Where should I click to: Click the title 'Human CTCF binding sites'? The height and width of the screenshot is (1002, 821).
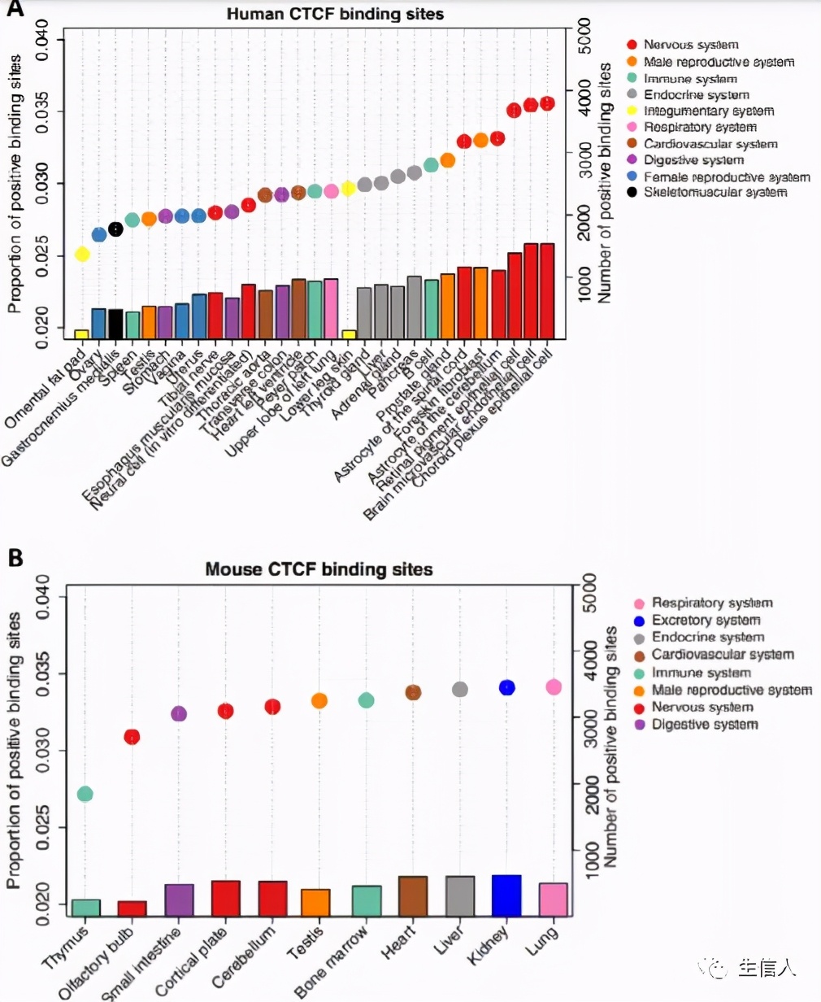click(x=335, y=14)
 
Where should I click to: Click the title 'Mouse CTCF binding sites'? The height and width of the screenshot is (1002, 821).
click(x=319, y=569)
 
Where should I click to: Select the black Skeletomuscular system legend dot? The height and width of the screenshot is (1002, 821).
click(x=632, y=193)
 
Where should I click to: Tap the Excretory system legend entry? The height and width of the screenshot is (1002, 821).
click(x=706, y=621)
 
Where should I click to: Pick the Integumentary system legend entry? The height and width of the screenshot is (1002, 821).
click(x=708, y=111)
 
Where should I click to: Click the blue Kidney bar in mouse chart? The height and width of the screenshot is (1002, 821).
click(x=506, y=895)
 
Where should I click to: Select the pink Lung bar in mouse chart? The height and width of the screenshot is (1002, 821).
click(x=554, y=900)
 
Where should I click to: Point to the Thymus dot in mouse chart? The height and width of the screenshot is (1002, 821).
click(x=85, y=794)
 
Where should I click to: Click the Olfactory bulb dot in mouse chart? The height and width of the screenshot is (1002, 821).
click(x=132, y=737)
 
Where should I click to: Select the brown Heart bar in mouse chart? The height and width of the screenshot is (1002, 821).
click(x=413, y=896)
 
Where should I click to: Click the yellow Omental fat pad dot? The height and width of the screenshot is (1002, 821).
click(x=82, y=255)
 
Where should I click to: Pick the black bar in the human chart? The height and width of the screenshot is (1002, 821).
click(x=115, y=324)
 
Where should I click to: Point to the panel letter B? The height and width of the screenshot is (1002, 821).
click(x=15, y=559)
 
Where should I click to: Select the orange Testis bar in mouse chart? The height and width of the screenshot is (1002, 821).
click(x=315, y=903)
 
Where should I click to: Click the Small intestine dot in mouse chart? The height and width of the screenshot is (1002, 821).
click(x=179, y=713)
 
